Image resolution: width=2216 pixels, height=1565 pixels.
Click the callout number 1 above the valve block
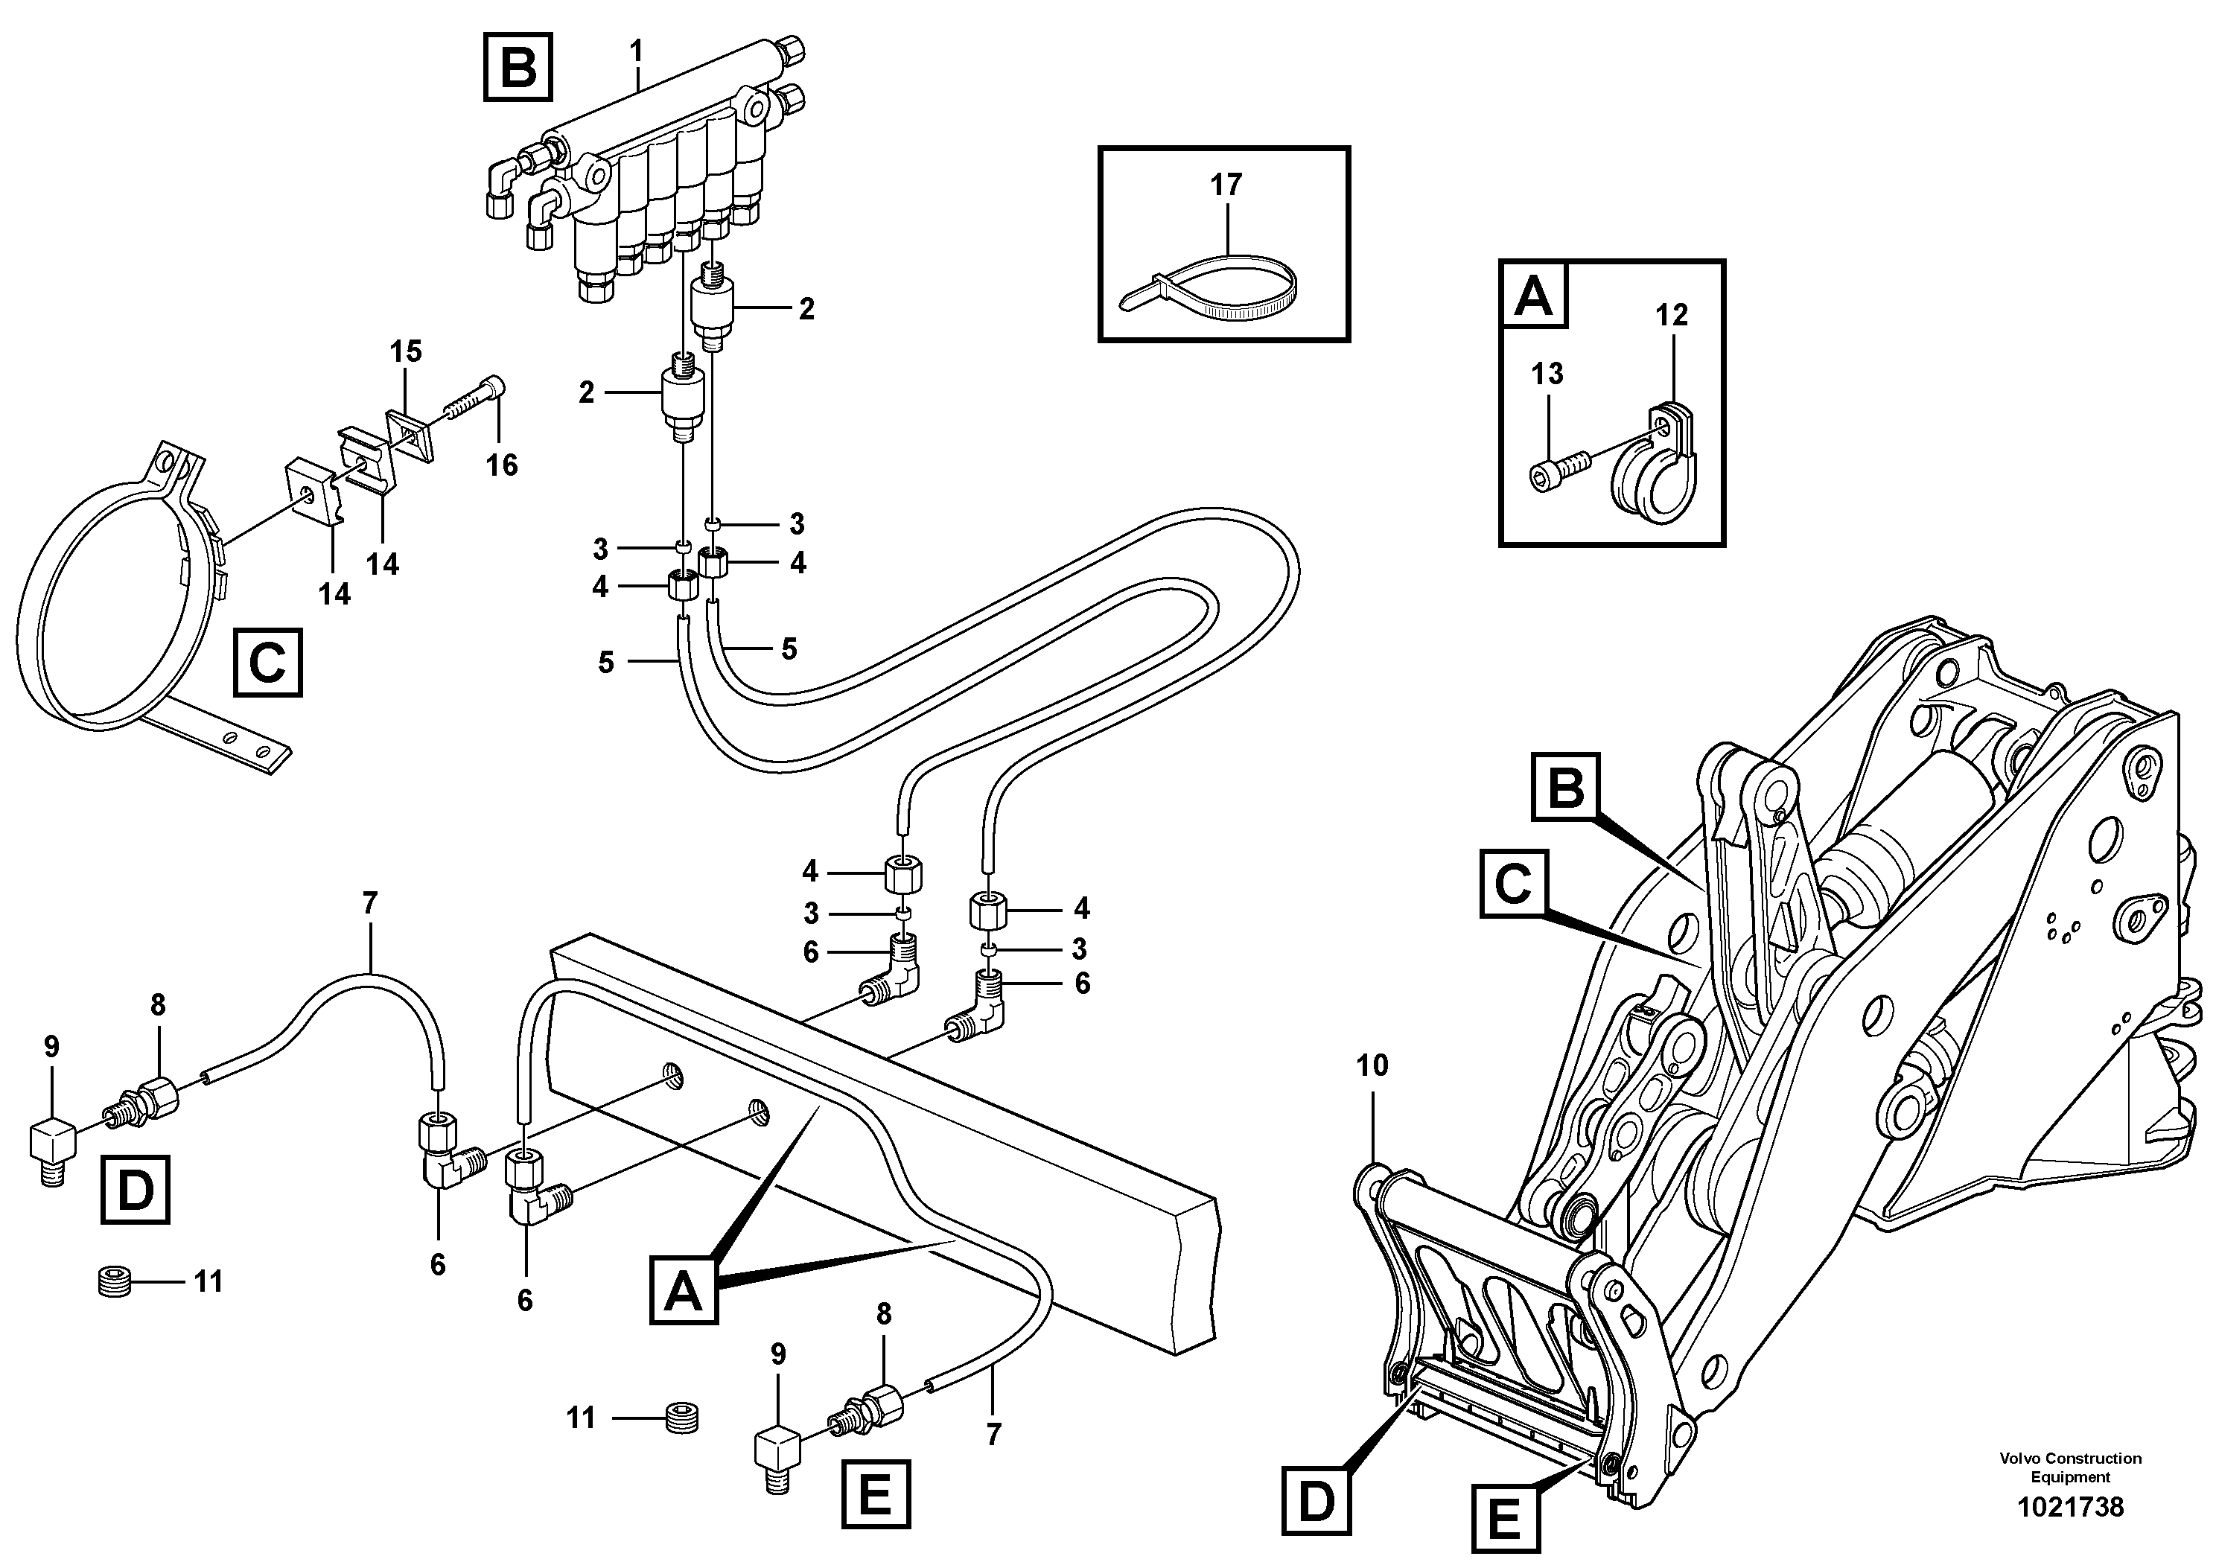(x=636, y=49)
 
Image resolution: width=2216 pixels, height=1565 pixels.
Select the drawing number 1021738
(x=2069, y=1506)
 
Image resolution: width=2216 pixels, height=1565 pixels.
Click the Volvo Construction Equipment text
(x=2069, y=1467)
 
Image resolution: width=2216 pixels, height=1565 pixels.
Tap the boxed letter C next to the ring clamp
(x=267, y=663)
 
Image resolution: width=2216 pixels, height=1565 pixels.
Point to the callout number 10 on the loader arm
(x=1372, y=1065)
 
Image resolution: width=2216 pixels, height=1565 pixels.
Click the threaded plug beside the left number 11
(x=114, y=1284)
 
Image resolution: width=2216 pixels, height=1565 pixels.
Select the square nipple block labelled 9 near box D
(x=53, y=1144)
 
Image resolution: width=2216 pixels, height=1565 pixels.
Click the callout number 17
(x=1226, y=185)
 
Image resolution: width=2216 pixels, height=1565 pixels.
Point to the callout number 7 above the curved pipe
(x=369, y=904)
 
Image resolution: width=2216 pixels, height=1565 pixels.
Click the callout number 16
(x=502, y=466)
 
